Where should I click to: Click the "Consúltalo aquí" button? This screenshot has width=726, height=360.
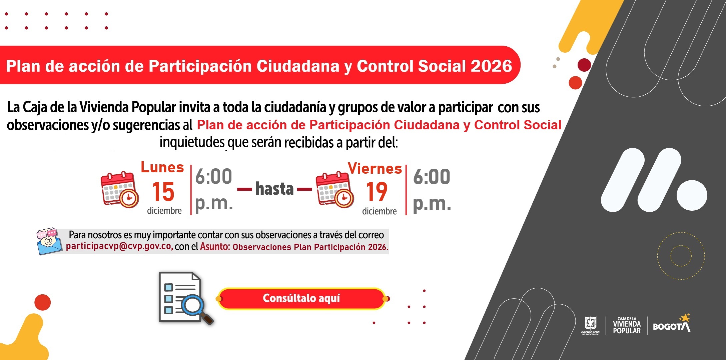pyautogui.click(x=301, y=298)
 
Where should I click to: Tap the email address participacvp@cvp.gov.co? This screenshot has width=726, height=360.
pyautogui.click(x=119, y=247)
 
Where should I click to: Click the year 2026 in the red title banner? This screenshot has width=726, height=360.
pyautogui.click(x=491, y=66)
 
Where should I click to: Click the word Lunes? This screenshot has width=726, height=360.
pyautogui.click(x=162, y=167)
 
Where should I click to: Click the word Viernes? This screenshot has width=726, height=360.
pyautogui.click(x=375, y=169)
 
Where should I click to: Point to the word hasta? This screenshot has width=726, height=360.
pyautogui.click(x=274, y=189)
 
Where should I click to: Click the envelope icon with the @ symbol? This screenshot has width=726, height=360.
pyautogui.click(x=49, y=242)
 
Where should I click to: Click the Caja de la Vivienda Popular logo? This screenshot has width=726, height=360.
pyautogui.click(x=627, y=325)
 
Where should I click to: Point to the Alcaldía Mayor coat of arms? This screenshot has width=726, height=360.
pyautogui.click(x=591, y=325)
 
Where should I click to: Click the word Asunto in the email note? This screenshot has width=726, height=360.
pyautogui.click(x=214, y=247)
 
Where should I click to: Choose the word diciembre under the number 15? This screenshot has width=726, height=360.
pyautogui.click(x=164, y=211)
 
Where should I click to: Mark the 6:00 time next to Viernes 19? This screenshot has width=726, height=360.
pyautogui.click(x=432, y=177)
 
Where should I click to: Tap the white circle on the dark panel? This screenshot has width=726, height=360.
pyautogui.click(x=692, y=196)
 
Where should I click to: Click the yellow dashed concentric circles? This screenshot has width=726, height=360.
pyautogui.click(x=681, y=256)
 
